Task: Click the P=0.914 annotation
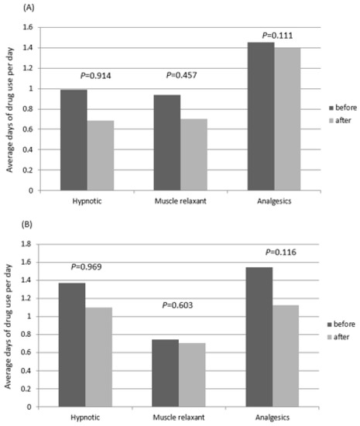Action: point(99,76)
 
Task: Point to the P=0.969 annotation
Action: point(99,267)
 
